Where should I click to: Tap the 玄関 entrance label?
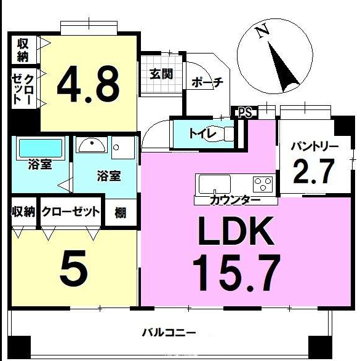point(161,74)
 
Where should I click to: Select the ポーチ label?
point(207,82)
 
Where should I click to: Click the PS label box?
point(244,113)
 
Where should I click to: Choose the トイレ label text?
point(202,133)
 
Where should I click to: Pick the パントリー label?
point(314,146)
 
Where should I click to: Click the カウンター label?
point(235,200)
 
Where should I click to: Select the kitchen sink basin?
point(215,184)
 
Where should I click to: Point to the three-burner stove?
point(263,184)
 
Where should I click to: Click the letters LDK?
point(236,231)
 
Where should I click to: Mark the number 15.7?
point(236,272)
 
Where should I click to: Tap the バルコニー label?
point(169,333)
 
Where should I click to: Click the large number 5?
point(74,268)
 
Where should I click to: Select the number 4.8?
point(89,84)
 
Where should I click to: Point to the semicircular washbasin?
point(92,145)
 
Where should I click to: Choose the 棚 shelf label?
point(120,213)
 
